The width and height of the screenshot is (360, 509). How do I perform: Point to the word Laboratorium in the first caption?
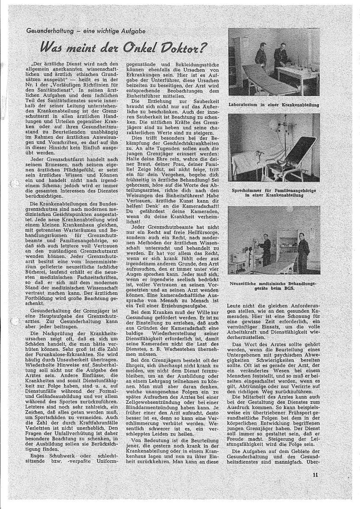pyautogui.click(x=246, y=104)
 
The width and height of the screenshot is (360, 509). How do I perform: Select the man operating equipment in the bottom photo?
pyautogui.click(x=266, y=250)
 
